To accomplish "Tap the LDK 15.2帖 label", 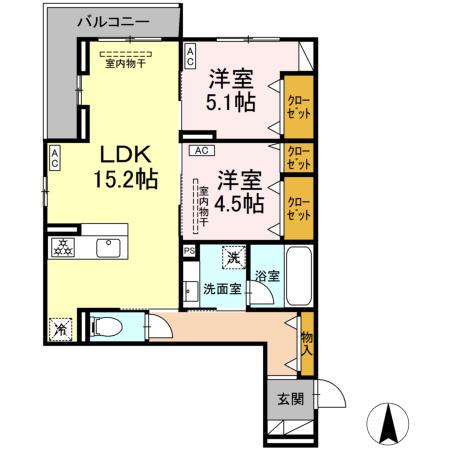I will point(125,167).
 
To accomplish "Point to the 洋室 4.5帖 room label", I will point(237,190).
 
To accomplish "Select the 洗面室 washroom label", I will point(222,288).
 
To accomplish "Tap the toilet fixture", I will point(106,325).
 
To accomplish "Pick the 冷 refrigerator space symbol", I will point(60,328).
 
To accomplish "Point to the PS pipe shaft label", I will point(188,251).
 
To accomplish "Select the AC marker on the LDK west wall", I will point(55,157).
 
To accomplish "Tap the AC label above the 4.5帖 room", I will point(200,151).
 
